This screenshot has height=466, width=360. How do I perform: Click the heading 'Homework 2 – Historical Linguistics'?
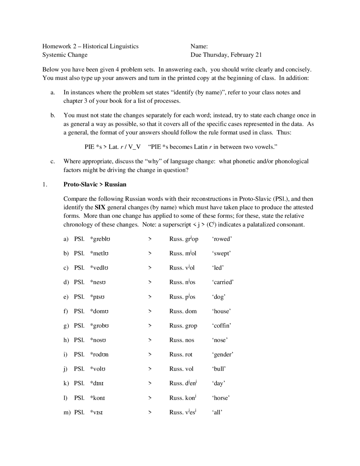[x=90, y=46]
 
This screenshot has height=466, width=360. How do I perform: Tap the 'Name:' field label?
[x=199, y=46]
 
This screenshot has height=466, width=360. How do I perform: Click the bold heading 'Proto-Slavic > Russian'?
[x=95, y=184]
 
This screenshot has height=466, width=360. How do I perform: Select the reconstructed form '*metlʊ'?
[x=99, y=253]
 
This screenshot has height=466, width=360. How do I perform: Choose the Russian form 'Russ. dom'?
[x=183, y=311]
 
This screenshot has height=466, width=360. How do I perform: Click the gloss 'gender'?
[x=222, y=355]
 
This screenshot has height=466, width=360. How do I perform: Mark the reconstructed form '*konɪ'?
[x=97, y=398]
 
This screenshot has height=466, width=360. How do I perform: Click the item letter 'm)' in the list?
[x=67, y=412]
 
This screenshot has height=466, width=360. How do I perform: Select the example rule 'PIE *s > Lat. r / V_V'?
[x=112, y=147]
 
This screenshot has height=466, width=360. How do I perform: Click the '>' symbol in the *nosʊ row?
[x=150, y=340]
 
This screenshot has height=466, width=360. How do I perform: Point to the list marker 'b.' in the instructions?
[x=53, y=115]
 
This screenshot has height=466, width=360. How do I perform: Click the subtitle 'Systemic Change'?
[x=65, y=55]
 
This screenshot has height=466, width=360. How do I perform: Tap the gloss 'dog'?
[x=219, y=297]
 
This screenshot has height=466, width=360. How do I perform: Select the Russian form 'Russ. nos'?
[x=181, y=340]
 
